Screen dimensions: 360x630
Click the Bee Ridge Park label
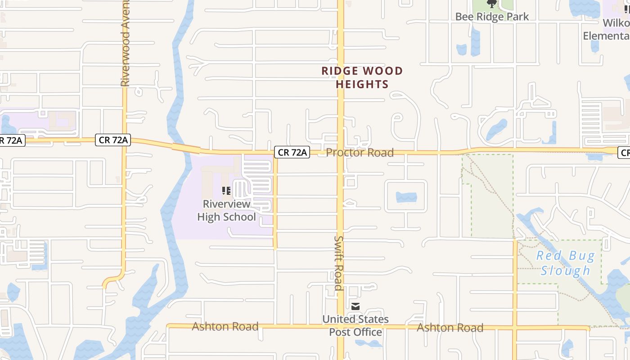pos(492,17)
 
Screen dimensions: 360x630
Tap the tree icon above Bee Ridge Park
pos(492,4)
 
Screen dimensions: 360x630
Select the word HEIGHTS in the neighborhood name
pos(362,84)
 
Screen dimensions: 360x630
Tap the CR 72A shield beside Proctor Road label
pos(292,153)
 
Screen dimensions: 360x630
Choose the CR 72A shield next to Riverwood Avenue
pos(112,140)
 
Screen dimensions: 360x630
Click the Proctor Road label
pos(360,153)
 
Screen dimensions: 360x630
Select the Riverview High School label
pos(226,210)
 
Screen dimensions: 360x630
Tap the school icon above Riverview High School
pos(226,191)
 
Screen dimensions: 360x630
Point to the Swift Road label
pos(339,263)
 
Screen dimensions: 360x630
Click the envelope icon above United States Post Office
pos(355,307)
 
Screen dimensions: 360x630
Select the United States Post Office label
pos(355,325)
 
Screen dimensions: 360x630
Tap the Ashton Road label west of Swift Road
pos(225,326)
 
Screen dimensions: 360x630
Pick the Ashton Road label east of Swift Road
pos(450,328)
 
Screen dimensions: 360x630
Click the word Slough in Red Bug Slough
pos(565,270)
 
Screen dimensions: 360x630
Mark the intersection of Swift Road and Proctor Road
pos(341,153)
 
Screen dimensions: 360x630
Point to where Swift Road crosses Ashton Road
pos(341,327)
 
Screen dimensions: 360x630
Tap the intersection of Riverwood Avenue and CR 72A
pos(124,141)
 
